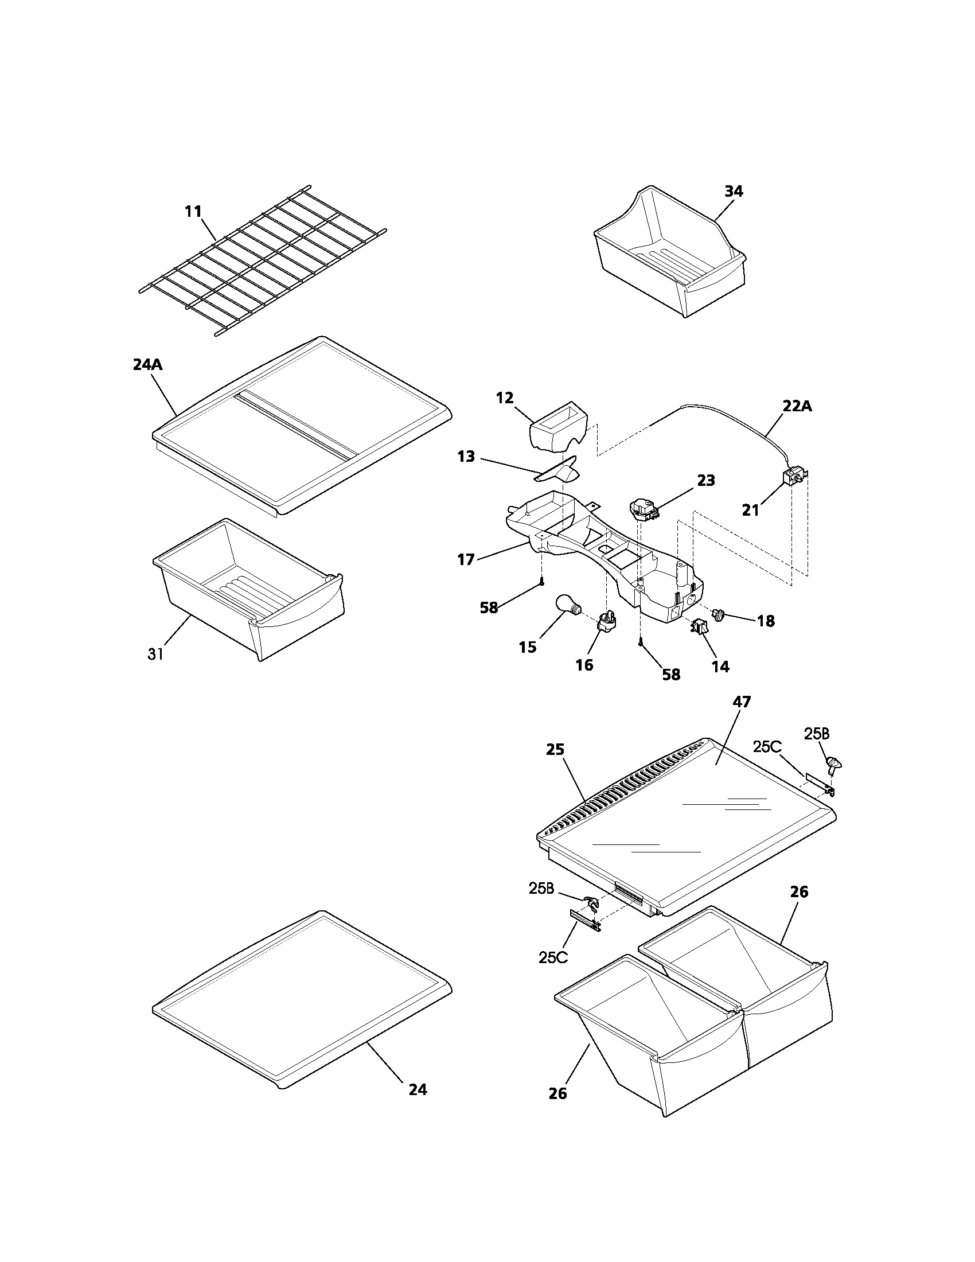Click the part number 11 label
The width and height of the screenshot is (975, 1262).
coord(193,212)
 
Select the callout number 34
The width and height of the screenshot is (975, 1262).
coord(734,191)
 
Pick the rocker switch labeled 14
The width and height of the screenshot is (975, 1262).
coord(701,626)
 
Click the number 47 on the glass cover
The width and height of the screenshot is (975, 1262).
coord(742,702)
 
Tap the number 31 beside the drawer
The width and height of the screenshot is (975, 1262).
coord(155,654)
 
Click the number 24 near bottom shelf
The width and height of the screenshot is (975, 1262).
coord(418,1089)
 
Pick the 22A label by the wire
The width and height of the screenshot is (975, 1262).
coord(797,406)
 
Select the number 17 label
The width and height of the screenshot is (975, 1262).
coord(466,559)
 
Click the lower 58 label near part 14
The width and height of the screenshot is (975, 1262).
coord(670,675)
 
